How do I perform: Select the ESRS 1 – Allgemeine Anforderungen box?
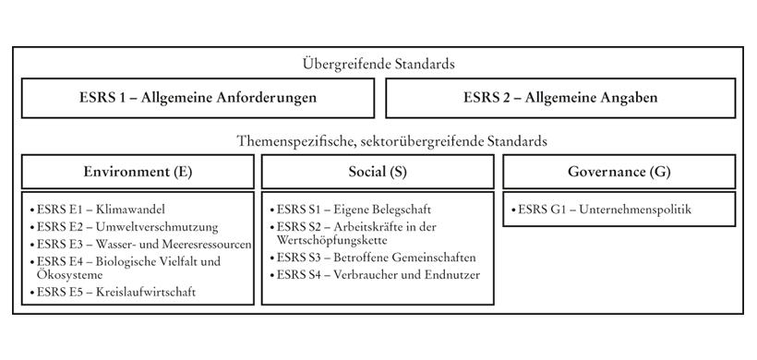tap(198, 98)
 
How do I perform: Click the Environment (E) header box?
tap(138, 172)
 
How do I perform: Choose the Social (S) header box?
tap(378, 172)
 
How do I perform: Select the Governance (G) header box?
tap(619, 172)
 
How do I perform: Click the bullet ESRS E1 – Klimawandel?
tap(103, 210)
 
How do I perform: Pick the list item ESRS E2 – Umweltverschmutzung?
tap(124, 226)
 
